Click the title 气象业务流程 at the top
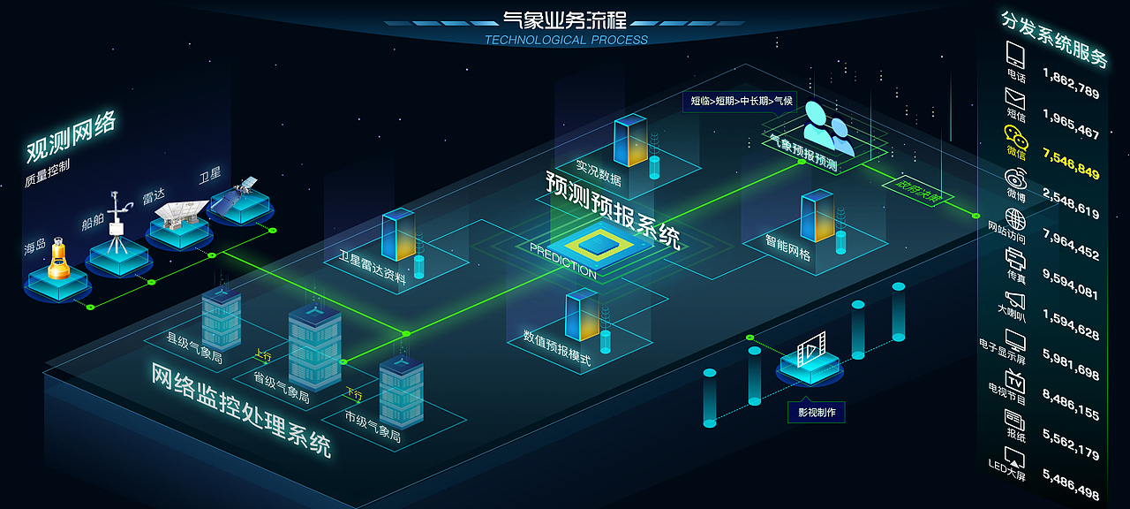click(565, 19)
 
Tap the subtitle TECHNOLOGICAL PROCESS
click(566, 40)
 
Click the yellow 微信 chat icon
click(1015, 135)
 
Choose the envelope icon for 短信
click(1015, 96)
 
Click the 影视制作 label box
click(817, 412)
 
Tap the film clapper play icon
click(810, 351)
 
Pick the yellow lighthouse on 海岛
click(58, 258)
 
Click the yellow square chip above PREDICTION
click(600, 243)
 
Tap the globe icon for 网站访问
click(1015, 217)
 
